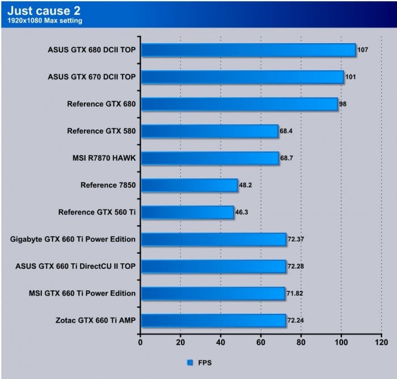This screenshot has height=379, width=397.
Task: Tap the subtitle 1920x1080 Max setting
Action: click(45, 21)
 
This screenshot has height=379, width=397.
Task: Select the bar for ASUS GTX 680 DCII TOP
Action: click(248, 50)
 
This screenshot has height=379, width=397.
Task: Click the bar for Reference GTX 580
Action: click(209, 131)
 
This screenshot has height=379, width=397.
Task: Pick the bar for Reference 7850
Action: click(189, 185)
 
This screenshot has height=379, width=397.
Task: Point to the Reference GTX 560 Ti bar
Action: click(187, 212)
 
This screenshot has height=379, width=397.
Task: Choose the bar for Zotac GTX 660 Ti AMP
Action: click(213, 321)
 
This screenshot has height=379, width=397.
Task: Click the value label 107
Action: click(363, 50)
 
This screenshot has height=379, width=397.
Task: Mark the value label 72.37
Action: click(297, 239)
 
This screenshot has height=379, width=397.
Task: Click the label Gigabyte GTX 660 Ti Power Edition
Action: click(73, 239)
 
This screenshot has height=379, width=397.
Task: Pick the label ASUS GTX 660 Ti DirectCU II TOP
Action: click(75, 266)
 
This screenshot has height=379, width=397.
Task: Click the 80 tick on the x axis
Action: click(301, 343)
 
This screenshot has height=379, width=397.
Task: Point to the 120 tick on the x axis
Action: click(381, 343)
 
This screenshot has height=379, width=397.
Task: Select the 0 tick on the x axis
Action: click(141, 343)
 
